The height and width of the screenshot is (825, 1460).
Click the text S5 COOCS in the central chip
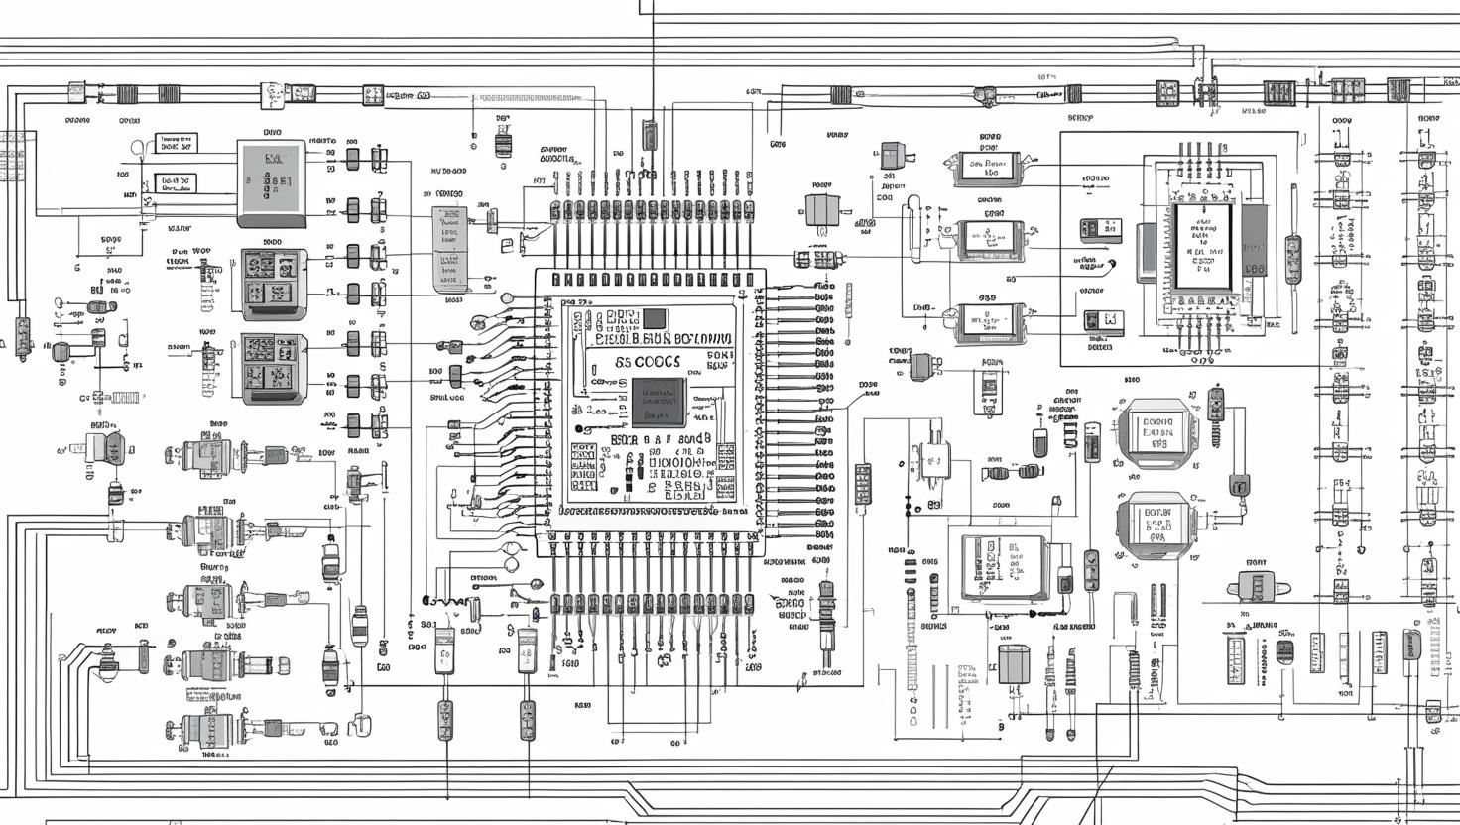pyautogui.click(x=649, y=363)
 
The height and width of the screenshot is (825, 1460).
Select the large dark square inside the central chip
pyautogui.click(x=658, y=403)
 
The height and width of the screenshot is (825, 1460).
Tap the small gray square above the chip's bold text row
pyautogui.click(x=655, y=318)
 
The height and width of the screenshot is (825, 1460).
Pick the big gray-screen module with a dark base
pyautogui.click(x=271, y=179)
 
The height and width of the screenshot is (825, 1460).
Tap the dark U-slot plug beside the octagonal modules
pyautogui.click(x=1239, y=485)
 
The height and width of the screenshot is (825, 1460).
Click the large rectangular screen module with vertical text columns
pyautogui.click(x=1003, y=567)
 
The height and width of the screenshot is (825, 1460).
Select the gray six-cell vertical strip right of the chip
pyautogui.click(x=862, y=484)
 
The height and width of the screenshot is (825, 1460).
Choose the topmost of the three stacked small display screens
pyautogui.click(x=987, y=169)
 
